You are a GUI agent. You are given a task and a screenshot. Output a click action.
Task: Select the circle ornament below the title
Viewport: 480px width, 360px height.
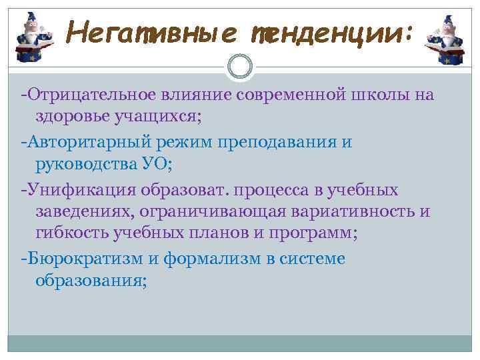click(x=240, y=65)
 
